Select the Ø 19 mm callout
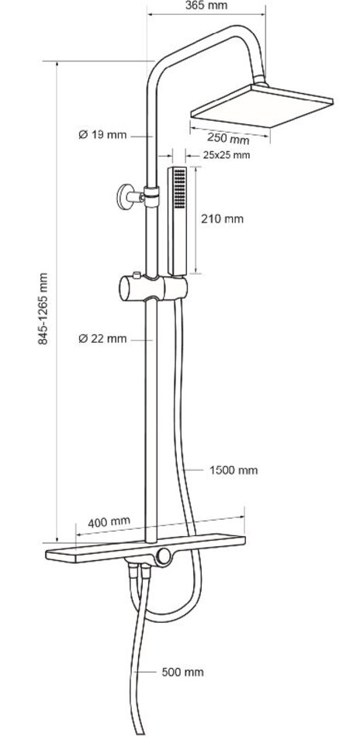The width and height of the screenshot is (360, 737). pos(102,135)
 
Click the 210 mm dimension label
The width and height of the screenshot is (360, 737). pos(223,219)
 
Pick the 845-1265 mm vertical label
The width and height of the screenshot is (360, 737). pos(43,308)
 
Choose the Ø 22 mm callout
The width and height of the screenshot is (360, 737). pos(102,338)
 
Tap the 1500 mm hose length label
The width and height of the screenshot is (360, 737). pos(234,470)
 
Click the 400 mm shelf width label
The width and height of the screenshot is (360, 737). pos(109,522)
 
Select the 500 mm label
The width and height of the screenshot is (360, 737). pos(183,672)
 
